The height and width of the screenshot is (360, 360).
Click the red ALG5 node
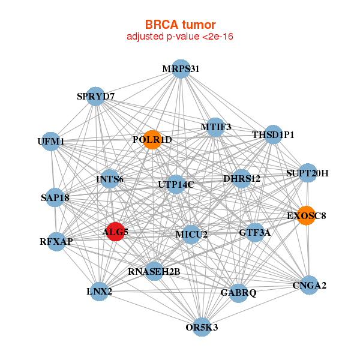pyautogui.click(x=115, y=232)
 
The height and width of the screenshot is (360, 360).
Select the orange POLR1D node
pyautogui.click(x=152, y=140)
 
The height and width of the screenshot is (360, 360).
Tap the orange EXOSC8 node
pyautogui.click(x=306, y=216)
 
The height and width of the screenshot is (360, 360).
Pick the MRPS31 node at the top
pyautogui.click(x=181, y=68)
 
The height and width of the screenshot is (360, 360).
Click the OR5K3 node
pyautogui.click(x=202, y=327)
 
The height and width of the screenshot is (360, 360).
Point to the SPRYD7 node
pyautogui.click(x=96, y=96)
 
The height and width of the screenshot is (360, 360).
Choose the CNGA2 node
pyautogui.click(x=308, y=285)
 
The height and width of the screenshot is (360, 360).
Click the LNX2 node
pyautogui.click(x=99, y=292)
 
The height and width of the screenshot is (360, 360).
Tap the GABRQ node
pyautogui.click(x=238, y=293)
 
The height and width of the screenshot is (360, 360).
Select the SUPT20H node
pyautogui.click(x=307, y=173)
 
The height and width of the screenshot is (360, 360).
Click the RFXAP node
pyautogui.click(x=56, y=242)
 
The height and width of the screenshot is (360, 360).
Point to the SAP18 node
pyautogui.click(x=55, y=197)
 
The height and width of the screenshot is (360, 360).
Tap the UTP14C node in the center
pyautogui.click(x=175, y=184)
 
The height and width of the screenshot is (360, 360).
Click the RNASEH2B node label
pyautogui.click(x=154, y=272)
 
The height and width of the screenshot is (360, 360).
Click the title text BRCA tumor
pyautogui.click(x=180, y=25)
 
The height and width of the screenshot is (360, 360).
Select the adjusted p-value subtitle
pyautogui.click(x=180, y=37)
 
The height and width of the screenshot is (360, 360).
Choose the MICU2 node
pyautogui.click(x=191, y=233)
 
